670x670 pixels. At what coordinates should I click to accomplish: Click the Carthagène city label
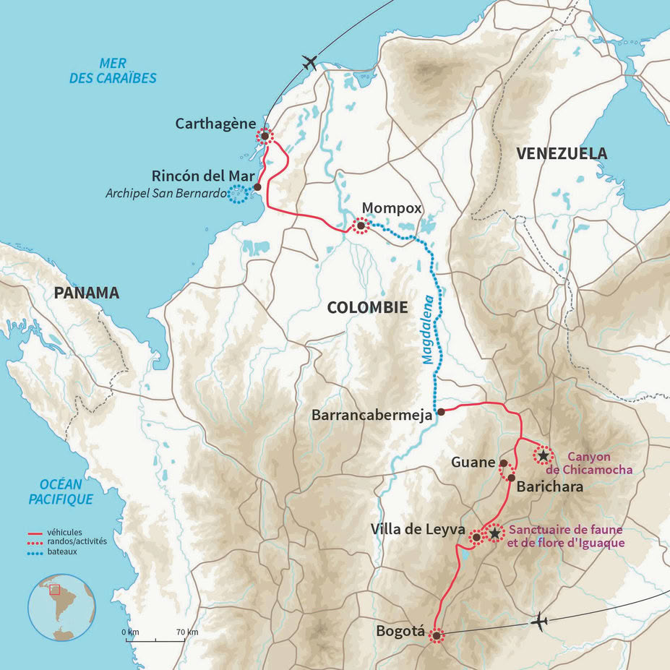215,124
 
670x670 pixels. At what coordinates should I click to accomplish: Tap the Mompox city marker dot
360,226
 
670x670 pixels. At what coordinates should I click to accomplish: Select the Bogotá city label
400,631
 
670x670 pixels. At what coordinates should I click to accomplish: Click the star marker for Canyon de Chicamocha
543,455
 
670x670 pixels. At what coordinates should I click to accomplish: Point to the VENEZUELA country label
561,153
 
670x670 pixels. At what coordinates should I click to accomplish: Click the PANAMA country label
85,293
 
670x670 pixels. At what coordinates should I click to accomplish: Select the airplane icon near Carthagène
309,62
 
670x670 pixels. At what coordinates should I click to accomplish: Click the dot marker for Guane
504,463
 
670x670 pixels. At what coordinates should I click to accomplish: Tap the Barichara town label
550,486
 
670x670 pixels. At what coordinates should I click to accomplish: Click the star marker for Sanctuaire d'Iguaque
494,533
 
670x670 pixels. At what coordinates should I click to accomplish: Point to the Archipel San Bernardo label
166,194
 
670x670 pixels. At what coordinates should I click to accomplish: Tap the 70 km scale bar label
186,632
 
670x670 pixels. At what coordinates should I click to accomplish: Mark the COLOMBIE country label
367,307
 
